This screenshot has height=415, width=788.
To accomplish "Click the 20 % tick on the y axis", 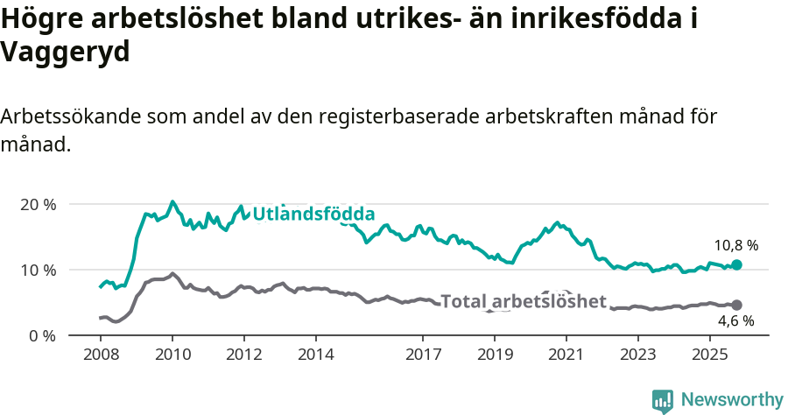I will (38, 204).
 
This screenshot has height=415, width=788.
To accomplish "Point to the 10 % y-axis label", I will (38, 270).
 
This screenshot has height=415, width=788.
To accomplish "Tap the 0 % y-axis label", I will (41, 335).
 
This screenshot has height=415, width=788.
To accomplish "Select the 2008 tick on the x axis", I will (100, 355).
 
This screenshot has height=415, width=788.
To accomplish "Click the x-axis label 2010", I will (172, 355).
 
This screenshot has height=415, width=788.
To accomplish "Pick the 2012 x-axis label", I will (243, 355).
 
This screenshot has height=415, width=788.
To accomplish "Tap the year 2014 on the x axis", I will (315, 355).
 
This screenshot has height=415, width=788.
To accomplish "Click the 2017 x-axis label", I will (423, 355).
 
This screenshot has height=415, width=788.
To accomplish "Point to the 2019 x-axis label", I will (495, 355).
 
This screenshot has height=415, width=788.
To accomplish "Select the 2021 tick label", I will (566, 355).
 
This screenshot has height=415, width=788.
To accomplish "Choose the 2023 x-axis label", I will (638, 355).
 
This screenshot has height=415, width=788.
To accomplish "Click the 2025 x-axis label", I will (710, 355).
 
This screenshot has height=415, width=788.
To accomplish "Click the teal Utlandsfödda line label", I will (313, 214).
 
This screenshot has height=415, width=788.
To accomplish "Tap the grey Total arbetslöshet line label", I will (523, 302).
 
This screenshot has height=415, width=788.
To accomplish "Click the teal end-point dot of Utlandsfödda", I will (736, 264).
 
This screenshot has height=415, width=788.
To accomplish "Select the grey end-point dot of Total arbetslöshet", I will (736, 305).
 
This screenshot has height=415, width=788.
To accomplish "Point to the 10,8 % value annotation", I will (736, 245).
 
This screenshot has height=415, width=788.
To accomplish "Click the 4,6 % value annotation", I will (735, 321).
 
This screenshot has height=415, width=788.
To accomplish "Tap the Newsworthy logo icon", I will (663, 400).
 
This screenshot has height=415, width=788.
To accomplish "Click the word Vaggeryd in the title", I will (66, 53).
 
